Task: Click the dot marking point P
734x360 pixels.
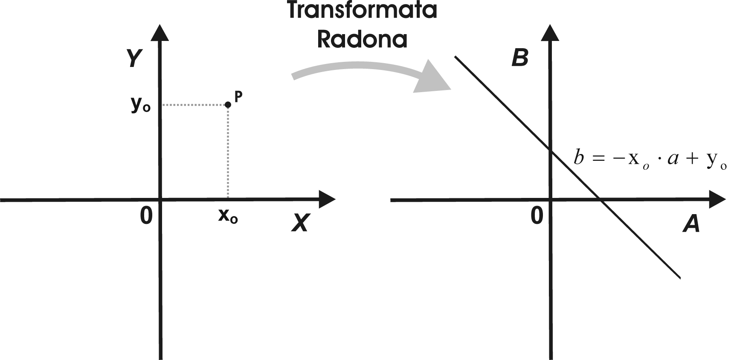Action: (x=228, y=105)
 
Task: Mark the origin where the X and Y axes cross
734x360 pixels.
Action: (x=161, y=199)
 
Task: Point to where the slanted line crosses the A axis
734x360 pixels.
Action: (x=600, y=200)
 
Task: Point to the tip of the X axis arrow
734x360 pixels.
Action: (x=335, y=199)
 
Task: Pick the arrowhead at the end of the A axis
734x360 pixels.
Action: (x=717, y=199)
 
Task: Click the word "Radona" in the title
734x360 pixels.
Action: (x=362, y=40)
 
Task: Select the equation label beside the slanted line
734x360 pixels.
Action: (x=650, y=160)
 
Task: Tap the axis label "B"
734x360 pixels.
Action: (x=520, y=58)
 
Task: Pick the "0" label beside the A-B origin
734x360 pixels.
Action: (x=537, y=215)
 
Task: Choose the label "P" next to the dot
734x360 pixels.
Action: (x=238, y=96)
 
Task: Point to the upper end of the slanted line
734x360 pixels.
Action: (x=455, y=56)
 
